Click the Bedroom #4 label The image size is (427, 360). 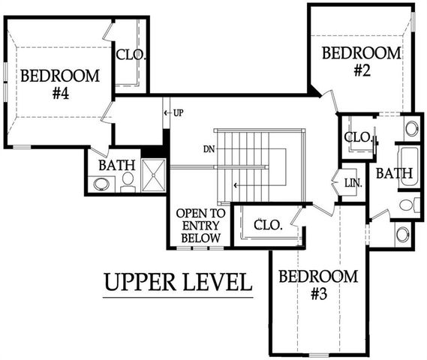pos(60,84)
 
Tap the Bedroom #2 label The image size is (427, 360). pos(362,61)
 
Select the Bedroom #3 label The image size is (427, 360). pos(318,285)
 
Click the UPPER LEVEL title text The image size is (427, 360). pos(178,282)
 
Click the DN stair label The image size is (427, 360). pos(209,149)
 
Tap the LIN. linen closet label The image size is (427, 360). pos(353,183)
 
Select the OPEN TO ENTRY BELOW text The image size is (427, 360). pos(200,226)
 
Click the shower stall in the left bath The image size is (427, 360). pos(154,175)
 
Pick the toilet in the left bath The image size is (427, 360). pos(128,182)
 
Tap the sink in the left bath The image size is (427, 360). pos(101,184)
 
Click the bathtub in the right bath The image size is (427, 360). pos(409,167)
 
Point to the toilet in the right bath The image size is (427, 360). pos(410,205)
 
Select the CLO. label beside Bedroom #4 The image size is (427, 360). pos(131,55)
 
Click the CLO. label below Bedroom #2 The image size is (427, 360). pos(358,137)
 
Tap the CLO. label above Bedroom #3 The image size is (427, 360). pos(268,225)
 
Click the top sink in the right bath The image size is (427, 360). pos(411,128)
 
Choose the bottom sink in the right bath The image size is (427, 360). pos(402,235)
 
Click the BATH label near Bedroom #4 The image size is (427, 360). pos(117,165)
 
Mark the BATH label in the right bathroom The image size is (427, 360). pos(394,173)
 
